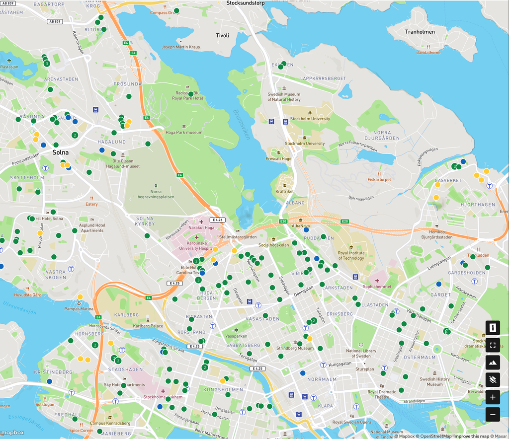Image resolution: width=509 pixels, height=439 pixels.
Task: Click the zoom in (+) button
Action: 493,397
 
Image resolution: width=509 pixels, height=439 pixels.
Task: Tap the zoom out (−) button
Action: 493,414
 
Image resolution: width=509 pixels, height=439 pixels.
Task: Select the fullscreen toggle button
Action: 493,345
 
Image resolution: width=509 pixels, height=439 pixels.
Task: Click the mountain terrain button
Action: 493,362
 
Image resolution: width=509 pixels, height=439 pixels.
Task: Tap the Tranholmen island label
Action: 420,32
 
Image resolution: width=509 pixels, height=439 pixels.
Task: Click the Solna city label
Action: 60,152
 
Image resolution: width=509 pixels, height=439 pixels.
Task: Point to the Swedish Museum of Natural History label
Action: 284,97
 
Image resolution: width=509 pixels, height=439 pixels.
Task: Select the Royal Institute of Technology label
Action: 351,255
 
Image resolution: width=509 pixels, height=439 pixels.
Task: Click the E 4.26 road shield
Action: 217,220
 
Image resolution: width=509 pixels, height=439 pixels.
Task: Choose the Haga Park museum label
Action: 184,133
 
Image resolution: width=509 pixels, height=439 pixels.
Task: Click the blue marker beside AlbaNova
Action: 306,230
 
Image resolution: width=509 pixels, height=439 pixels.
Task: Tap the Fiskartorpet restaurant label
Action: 379,179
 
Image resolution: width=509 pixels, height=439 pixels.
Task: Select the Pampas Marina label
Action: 79,308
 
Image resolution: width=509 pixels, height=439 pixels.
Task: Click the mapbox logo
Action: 12,433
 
